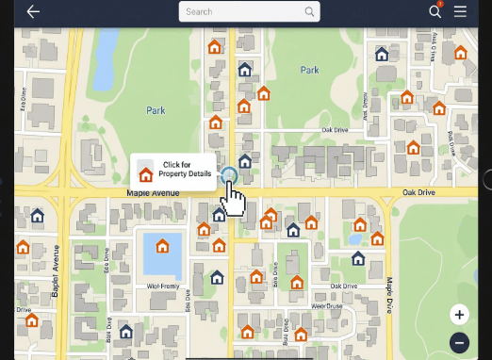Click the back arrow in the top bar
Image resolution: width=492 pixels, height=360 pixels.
tap(34, 11)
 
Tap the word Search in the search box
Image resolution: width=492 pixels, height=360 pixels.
tap(200, 12)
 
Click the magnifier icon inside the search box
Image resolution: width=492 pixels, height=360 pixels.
tap(309, 12)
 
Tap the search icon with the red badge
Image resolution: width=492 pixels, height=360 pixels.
tap(435, 11)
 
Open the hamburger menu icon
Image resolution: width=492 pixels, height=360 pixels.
tap(460, 11)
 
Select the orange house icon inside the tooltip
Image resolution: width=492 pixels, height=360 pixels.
tap(145, 173)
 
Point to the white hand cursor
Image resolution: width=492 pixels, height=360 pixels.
tap(235, 198)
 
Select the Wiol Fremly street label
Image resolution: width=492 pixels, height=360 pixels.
tap(163, 286)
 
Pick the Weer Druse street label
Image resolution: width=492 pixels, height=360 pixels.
tap(326, 306)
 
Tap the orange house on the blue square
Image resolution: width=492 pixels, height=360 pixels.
tap(162, 246)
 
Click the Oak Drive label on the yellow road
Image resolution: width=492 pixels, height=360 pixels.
tap(418, 193)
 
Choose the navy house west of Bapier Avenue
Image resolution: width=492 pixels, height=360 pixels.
tap(38, 216)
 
